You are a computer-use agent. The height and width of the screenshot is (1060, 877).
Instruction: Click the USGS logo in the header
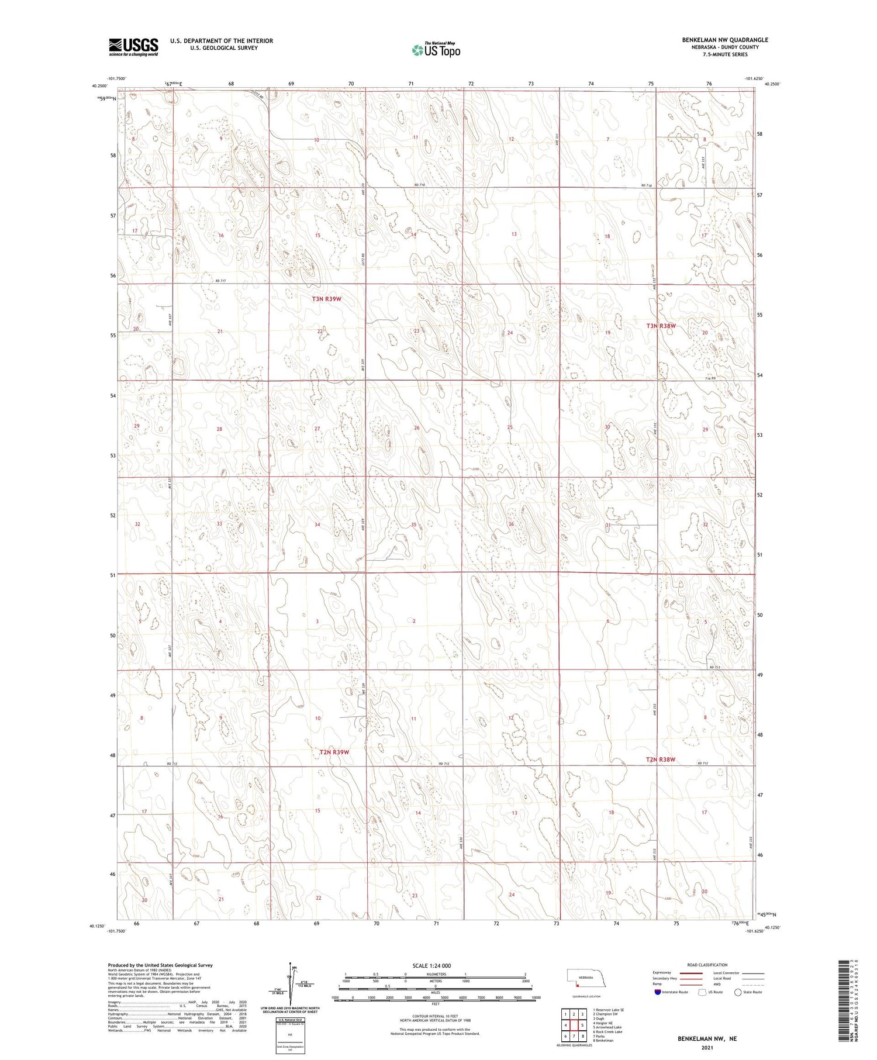click(x=133, y=47)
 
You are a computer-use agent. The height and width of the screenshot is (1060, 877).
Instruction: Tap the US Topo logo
click(x=436, y=50)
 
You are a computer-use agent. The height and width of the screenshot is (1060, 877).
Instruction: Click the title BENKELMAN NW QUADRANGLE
click(x=724, y=40)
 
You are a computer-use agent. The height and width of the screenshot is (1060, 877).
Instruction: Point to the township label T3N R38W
click(x=661, y=326)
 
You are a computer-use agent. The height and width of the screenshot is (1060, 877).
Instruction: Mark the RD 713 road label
click(x=714, y=667)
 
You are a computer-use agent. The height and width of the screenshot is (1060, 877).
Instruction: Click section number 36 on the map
click(x=511, y=524)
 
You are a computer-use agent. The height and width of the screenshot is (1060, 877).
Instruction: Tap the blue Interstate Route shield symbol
click(x=657, y=992)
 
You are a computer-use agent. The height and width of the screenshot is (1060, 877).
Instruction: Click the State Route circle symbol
click(x=738, y=992)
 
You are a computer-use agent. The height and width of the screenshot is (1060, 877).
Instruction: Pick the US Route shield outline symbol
click(x=703, y=992)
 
